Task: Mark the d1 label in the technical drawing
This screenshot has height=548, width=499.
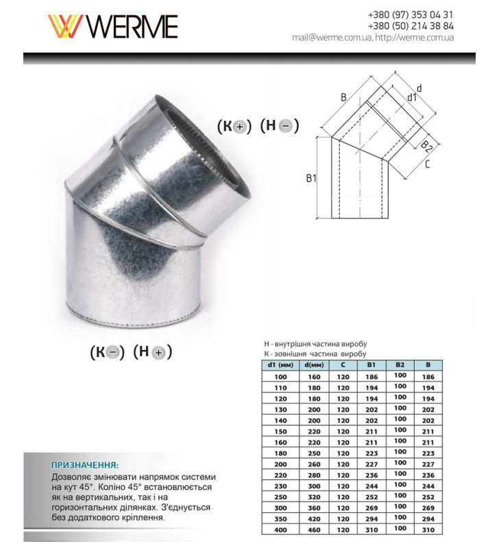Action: click(411, 98)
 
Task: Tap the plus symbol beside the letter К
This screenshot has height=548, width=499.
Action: click(240, 127)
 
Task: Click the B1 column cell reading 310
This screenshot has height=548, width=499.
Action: click(371, 530)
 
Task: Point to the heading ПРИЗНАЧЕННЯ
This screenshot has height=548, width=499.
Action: click(85, 464)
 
